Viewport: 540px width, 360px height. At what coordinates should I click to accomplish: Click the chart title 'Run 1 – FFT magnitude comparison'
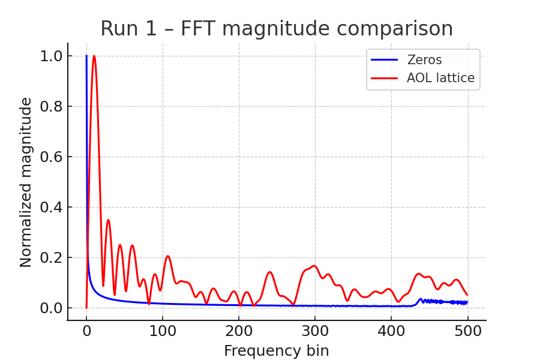(x=276, y=29)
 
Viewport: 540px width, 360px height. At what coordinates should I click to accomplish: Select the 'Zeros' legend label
(x=424, y=60)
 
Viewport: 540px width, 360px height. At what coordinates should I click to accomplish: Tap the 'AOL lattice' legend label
(x=440, y=78)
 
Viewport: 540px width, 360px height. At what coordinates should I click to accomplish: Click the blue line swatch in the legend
(x=385, y=60)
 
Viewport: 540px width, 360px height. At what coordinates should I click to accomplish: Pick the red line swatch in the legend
(x=385, y=78)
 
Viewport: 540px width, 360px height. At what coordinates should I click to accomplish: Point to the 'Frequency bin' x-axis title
(x=276, y=351)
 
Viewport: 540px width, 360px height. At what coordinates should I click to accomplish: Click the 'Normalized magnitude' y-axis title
(x=26, y=182)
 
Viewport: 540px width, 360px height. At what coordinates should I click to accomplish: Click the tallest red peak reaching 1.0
(x=94, y=56)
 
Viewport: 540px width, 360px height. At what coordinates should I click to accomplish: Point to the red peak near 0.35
(x=108, y=220)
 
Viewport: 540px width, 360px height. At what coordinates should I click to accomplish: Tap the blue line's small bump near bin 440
(x=421, y=299)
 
